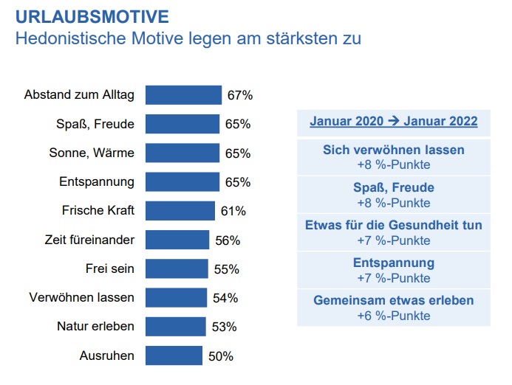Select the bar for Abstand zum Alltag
183,95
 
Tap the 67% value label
240,96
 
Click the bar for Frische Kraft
180,211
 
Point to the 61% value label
233,212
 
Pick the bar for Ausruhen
174,356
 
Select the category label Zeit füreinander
90,240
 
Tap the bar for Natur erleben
175,327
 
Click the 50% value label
221,357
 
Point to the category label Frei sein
111,268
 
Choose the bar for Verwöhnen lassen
176,298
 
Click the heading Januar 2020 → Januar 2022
393,122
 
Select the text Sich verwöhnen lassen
393,150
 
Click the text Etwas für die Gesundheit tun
393,225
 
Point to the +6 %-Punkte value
393,316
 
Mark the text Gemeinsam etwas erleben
393,301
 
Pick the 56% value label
228,240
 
